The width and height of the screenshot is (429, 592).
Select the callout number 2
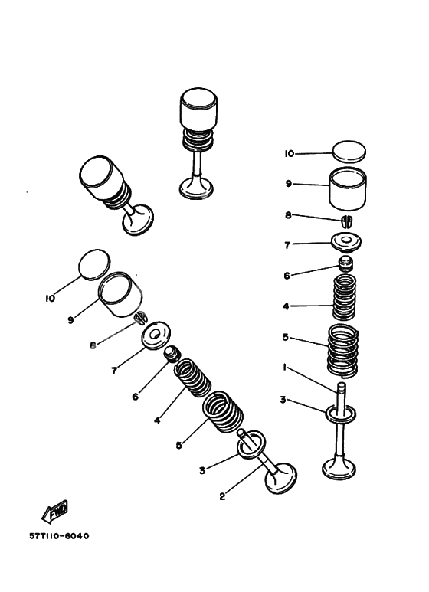[222, 496]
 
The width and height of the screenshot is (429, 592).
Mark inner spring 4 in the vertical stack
[347, 301]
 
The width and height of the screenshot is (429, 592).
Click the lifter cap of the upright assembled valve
[200, 109]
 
